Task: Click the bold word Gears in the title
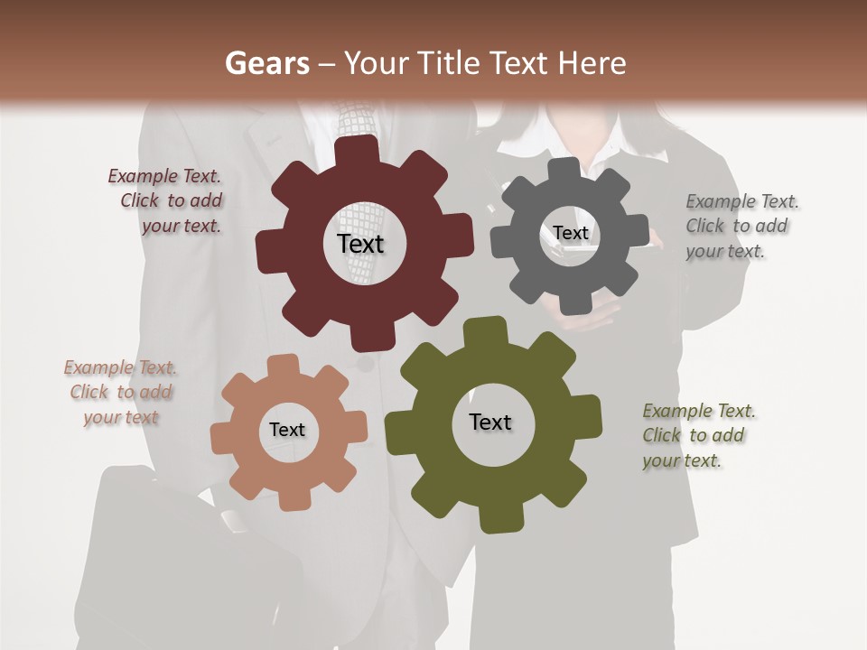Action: pyautogui.click(x=266, y=63)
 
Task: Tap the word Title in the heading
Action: pyautogui.click(x=452, y=63)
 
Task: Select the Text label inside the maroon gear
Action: pyautogui.click(x=360, y=244)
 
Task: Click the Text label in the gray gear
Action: pyautogui.click(x=571, y=233)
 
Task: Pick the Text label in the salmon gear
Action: pyautogui.click(x=287, y=430)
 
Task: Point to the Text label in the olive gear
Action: pyautogui.click(x=490, y=422)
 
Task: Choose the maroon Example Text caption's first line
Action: pyautogui.click(x=164, y=176)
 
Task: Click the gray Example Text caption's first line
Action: pyautogui.click(x=742, y=201)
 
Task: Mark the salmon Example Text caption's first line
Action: pyautogui.click(x=120, y=367)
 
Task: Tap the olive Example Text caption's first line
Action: pyautogui.click(x=699, y=411)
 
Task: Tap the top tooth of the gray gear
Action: pyautogui.click(x=565, y=170)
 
